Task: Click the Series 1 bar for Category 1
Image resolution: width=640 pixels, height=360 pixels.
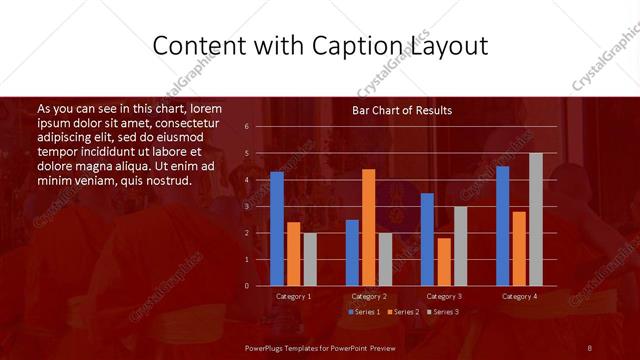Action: [277, 229]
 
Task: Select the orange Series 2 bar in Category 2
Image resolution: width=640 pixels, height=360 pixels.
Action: [369, 227]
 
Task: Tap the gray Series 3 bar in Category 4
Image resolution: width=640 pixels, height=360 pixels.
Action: [536, 220]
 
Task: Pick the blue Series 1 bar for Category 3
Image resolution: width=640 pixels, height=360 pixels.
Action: [427, 240]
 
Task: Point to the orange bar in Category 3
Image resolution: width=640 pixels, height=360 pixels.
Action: [444, 262]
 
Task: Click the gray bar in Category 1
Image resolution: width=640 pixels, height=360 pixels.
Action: [310, 259]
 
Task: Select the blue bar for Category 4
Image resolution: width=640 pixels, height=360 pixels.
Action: [503, 226]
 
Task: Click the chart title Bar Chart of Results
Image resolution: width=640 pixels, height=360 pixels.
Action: [402, 110]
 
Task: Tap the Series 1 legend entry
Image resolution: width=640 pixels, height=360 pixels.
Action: [363, 312]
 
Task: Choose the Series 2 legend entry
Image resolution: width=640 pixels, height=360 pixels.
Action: [402, 312]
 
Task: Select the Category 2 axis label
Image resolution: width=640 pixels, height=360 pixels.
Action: [369, 297]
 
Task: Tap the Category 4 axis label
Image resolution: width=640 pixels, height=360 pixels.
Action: [519, 297]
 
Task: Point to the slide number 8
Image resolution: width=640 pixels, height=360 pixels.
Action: [590, 347]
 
